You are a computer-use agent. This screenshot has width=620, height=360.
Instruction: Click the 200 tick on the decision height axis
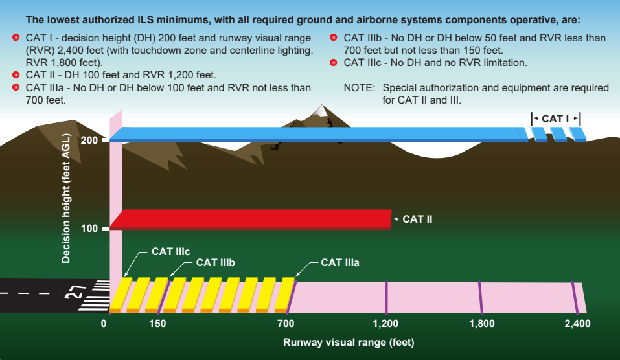(106, 140)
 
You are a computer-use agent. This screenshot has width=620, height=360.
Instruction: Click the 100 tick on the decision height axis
(106, 229)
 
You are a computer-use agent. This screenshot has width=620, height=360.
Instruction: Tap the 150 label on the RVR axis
(157, 324)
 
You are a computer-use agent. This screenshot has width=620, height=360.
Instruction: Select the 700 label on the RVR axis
(286, 324)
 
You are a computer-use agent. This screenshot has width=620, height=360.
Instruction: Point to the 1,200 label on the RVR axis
(385, 324)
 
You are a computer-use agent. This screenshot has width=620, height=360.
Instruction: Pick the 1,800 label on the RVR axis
(481, 324)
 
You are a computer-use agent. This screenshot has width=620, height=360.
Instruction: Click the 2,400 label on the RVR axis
(577, 324)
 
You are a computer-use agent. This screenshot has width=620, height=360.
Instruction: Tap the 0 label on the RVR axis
(104, 324)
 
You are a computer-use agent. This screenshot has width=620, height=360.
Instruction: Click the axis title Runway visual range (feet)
(349, 343)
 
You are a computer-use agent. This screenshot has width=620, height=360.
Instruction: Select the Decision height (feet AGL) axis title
(65, 198)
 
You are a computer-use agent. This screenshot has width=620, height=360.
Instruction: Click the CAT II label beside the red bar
(417, 219)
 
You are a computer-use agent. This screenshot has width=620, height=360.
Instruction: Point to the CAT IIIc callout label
(171, 252)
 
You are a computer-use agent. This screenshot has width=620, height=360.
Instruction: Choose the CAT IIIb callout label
(216, 263)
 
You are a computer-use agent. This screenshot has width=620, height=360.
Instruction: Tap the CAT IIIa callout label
(340, 263)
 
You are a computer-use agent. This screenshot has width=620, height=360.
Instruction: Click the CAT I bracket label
(555, 118)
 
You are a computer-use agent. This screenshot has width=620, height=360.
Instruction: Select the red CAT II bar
(251, 219)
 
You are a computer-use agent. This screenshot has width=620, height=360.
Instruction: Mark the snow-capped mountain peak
(322, 109)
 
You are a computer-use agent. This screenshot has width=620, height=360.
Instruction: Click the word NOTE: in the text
(360, 87)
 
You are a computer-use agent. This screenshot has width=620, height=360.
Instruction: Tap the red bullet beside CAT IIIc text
(334, 62)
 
